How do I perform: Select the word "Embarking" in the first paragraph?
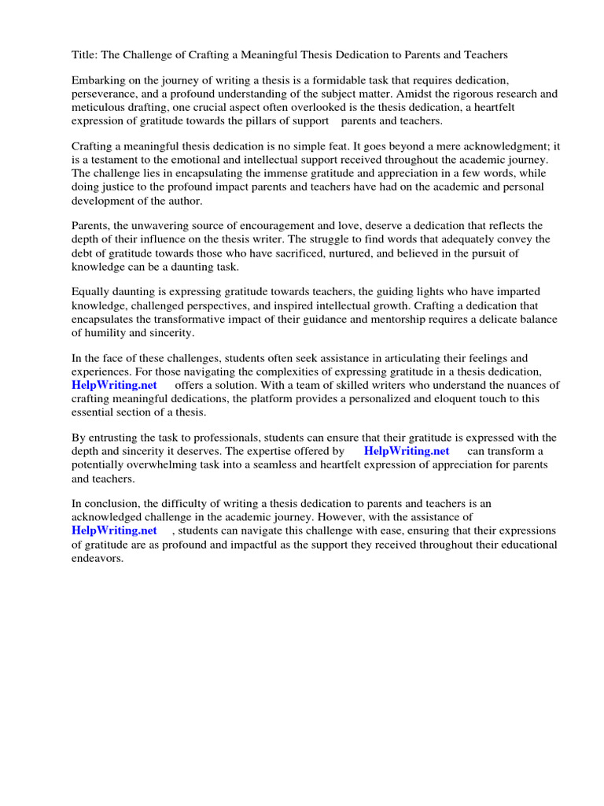pyautogui.click(x=98, y=80)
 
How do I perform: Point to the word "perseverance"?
pyautogui.click(x=105, y=94)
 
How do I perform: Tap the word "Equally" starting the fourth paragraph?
pyautogui.click(x=92, y=292)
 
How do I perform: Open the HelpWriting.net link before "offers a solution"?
pyautogui.click(x=114, y=385)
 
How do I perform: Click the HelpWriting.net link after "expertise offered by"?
pyautogui.click(x=407, y=451)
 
